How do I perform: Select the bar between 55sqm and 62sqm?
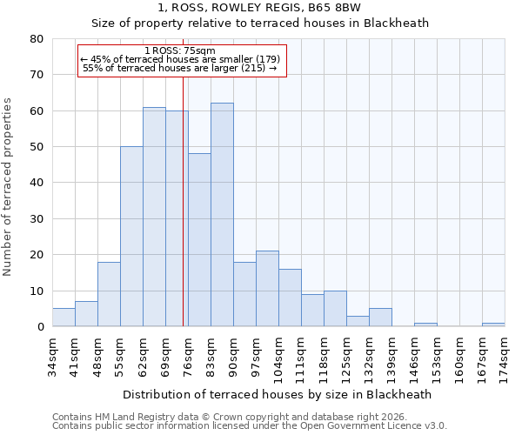click(x=131, y=237)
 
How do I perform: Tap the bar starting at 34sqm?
click(x=64, y=318)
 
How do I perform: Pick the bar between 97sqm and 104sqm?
click(x=267, y=289)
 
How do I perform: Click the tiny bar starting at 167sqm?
click(x=493, y=325)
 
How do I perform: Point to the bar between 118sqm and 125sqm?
click(x=335, y=309)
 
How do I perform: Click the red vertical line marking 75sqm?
click(x=184, y=200)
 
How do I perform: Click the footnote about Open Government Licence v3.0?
click(x=250, y=426)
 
